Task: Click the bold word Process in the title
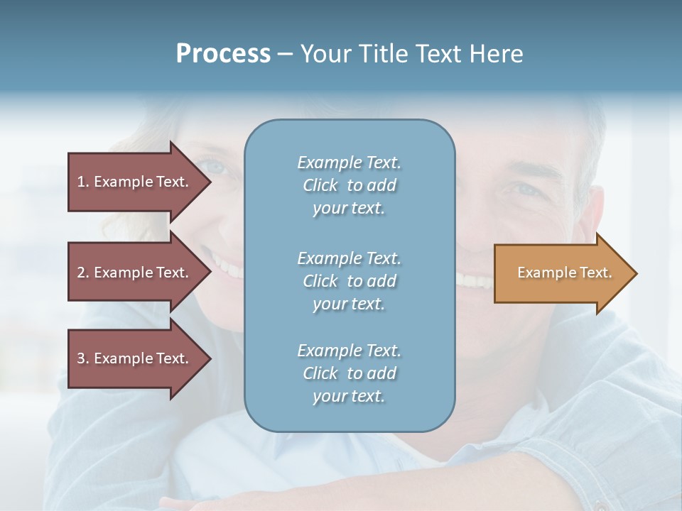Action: point(223,54)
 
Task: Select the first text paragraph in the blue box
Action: point(349,185)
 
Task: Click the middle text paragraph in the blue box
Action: point(349,280)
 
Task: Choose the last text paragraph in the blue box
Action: point(349,373)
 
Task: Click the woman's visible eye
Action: point(215,167)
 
